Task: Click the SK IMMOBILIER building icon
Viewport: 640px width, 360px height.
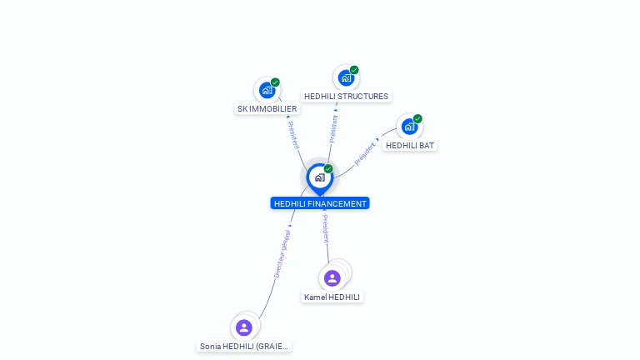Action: coord(267,90)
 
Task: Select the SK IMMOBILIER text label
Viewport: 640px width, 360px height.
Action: coord(267,108)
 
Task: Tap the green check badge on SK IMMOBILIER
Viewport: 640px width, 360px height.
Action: coord(275,82)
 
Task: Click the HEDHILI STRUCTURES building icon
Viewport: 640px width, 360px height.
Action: coord(346,77)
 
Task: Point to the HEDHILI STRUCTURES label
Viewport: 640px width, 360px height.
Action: coord(346,96)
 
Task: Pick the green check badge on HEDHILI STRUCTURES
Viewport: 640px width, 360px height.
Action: coord(354,70)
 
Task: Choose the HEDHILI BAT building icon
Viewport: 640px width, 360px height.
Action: coord(409,127)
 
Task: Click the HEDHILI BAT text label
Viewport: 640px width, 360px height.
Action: coord(410,145)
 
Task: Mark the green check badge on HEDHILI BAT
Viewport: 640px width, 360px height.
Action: coord(417,119)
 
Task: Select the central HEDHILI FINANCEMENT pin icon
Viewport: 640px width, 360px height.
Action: coord(319,177)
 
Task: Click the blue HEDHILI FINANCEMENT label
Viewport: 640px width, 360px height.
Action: coord(320,203)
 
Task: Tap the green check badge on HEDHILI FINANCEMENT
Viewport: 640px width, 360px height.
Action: coord(328,169)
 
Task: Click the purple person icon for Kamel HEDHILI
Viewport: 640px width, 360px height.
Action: coord(332,278)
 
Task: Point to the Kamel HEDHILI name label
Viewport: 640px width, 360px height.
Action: coord(332,297)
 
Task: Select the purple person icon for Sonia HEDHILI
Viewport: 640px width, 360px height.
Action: coord(244,327)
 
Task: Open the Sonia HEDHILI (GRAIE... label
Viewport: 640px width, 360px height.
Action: coord(244,346)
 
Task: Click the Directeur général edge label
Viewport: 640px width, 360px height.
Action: coord(282,251)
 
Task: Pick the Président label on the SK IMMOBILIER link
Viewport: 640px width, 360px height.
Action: coord(293,135)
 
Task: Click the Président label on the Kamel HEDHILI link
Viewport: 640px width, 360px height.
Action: coord(326,228)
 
